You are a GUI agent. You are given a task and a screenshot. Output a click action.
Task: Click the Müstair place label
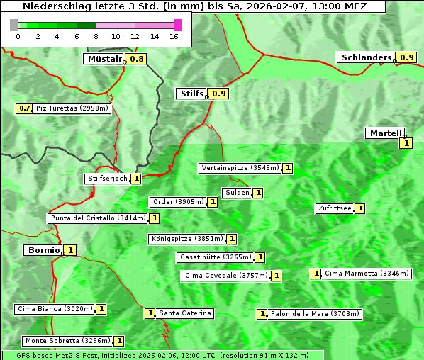[104, 59]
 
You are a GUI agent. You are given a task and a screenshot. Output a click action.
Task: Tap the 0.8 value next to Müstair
[136, 59]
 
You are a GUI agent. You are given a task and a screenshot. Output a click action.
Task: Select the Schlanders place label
[365, 57]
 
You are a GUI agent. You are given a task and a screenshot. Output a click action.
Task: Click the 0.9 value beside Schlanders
[406, 57]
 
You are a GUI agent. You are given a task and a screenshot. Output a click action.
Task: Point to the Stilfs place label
[191, 94]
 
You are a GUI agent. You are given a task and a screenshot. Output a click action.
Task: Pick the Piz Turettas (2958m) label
[72, 108]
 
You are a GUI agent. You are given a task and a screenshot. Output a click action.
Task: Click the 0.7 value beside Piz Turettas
[25, 108]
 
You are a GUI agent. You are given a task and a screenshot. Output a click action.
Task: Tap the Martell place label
[385, 133]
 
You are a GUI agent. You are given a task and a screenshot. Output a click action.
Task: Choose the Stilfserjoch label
[107, 179]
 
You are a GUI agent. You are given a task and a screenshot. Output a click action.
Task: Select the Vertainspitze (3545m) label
[240, 168]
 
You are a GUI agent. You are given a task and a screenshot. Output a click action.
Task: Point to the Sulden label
[236, 193]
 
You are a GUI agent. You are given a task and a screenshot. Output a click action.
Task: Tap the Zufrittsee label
[334, 208]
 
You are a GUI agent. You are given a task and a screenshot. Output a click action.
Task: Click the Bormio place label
[43, 250]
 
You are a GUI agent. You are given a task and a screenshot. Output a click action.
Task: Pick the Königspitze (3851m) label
[186, 239]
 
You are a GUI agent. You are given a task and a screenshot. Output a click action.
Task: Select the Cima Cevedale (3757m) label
[225, 276]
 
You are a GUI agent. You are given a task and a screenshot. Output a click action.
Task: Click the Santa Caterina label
[184, 313]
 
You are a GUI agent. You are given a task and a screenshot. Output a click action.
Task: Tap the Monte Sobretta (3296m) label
[67, 341]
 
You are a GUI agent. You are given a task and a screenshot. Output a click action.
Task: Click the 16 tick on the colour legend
[173, 36]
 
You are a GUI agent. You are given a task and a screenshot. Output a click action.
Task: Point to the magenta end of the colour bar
[177, 25]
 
